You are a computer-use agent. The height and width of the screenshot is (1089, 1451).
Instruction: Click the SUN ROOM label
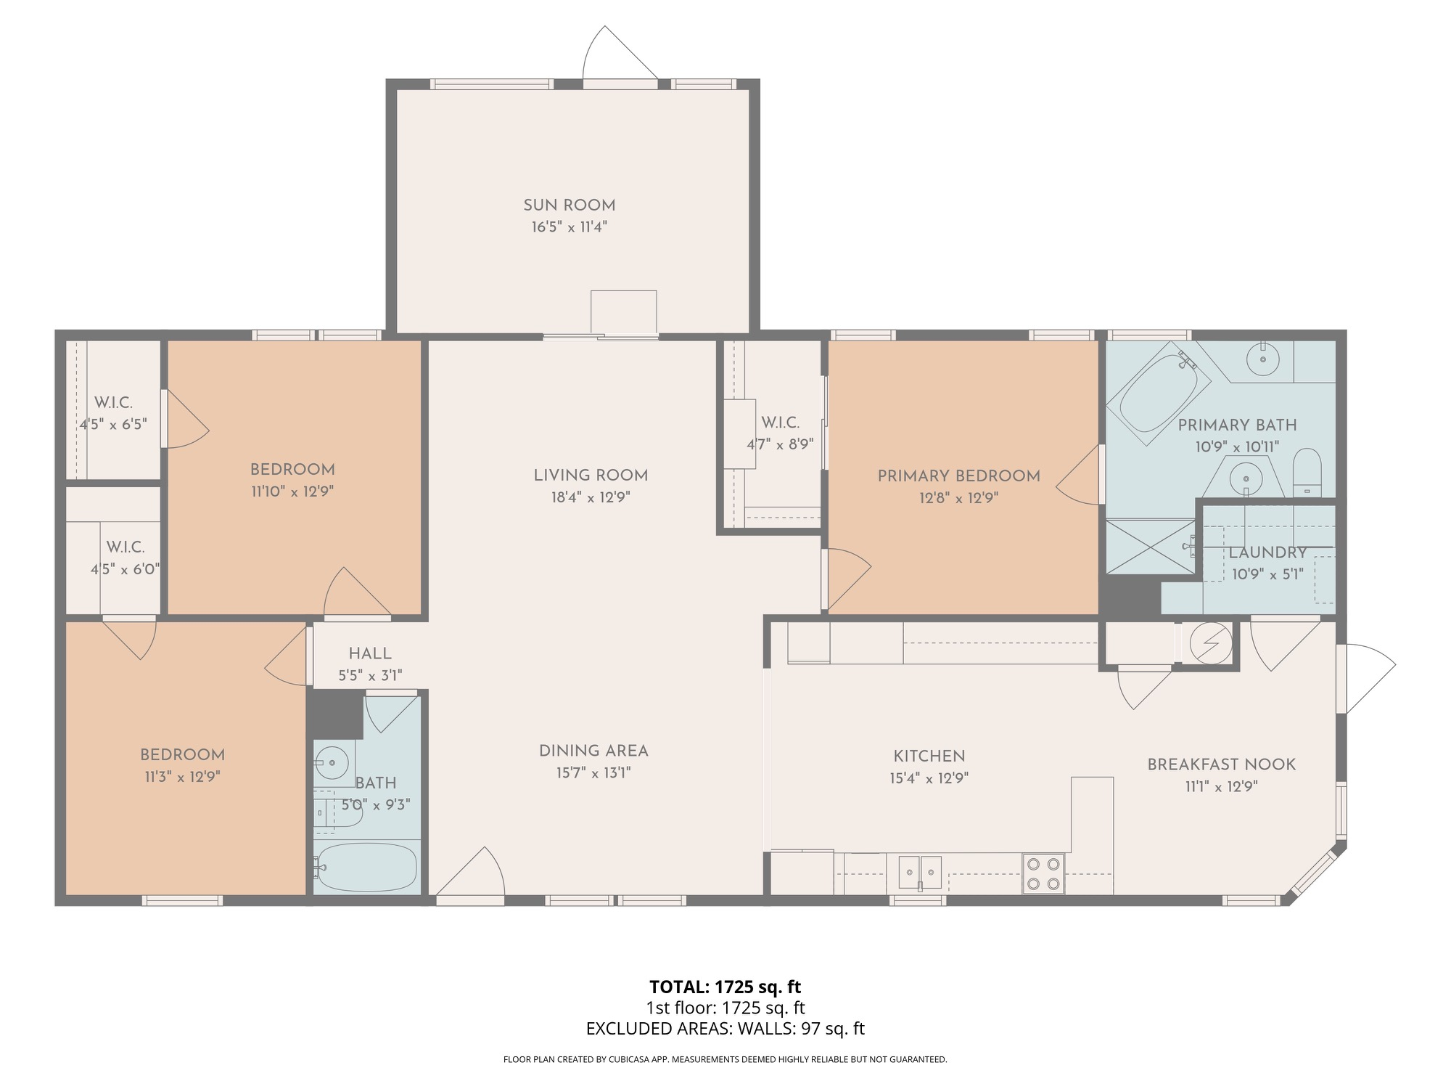click(x=570, y=205)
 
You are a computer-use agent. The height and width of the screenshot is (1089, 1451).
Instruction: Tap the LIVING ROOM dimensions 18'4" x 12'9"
click(x=591, y=497)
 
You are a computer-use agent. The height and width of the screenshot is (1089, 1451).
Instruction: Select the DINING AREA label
click(x=593, y=751)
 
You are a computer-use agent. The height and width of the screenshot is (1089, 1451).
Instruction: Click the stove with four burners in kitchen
click(x=1043, y=873)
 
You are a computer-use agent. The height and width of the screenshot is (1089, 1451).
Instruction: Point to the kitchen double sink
click(x=920, y=872)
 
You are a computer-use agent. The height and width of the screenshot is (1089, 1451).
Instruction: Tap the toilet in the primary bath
click(x=1307, y=473)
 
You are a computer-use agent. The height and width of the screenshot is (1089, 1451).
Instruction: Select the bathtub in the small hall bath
click(x=367, y=867)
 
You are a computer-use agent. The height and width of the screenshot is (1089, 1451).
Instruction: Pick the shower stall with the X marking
click(x=1151, y=546)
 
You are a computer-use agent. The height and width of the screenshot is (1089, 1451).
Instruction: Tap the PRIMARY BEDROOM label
click(x=958, y=476)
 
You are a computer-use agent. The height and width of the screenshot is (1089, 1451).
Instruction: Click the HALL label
click(x=370, y=653)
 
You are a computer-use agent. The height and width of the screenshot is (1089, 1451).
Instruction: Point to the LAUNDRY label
click(x=1267, y=552)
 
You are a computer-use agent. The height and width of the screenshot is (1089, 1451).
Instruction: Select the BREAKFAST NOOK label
click(x=1221, y=764)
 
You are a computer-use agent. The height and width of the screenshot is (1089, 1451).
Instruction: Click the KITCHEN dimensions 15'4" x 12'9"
click(x=929, y=778)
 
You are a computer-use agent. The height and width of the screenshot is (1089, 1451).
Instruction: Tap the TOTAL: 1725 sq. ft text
click(x=725, y=987)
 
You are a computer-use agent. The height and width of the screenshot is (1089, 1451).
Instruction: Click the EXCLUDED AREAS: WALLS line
click(x=725, y=1029)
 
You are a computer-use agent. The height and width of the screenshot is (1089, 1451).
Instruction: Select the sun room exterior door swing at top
click(x=620, y=52)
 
